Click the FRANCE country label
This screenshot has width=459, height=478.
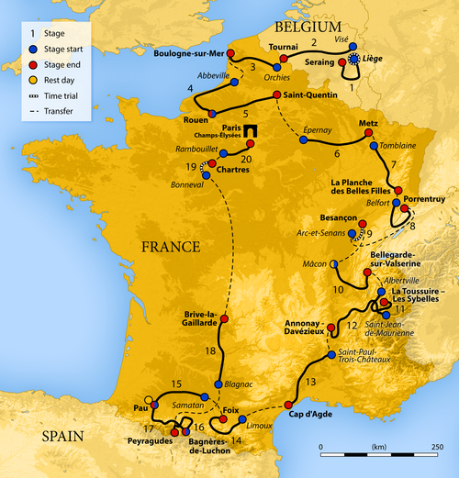pyautogui.click(x=170, y=247)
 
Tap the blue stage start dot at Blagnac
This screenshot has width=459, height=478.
pyautogui.click(x=218, y=384)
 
